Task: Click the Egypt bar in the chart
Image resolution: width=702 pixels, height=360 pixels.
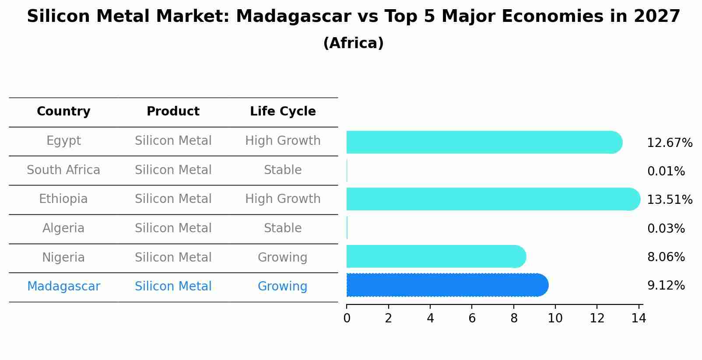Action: pyautogui.click(x=484, y=142)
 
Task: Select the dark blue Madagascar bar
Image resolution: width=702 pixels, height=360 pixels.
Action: pyautogui.click(x=446, y=285)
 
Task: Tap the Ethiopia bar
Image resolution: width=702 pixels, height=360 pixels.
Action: pyautogui.click(x=492, y=199)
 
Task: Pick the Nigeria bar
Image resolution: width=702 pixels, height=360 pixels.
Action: pyautogui.click(x=435, y=256)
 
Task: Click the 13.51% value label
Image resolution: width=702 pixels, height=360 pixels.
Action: pyautogui.click(x=670, y=200)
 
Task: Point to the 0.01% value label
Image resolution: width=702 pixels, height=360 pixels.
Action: pyautogui.click(x=666, y=171)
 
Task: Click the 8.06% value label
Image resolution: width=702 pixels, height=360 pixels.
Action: pyautogui.click(x=666, y=257)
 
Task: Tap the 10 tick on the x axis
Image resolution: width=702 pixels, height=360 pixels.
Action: pyautogui.click(x=555, y=318)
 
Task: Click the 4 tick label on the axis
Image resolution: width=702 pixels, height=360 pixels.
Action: pyautogui.click(x=430, y=318)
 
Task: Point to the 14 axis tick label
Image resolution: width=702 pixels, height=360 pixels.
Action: pyautogui.click(x=639, y=318)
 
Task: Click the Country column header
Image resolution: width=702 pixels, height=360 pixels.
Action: pyautogui.click(x=63, y=112)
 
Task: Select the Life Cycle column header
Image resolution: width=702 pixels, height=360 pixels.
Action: pyautogui.click(x=283, y=112)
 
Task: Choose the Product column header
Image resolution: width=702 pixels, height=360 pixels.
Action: pyautogui.click(x=173, y=112)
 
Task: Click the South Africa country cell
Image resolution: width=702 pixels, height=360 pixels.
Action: pyautogui.click(x=63, y=170)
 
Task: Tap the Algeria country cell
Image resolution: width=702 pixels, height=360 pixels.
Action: pyautogui.click(x=63, y=228)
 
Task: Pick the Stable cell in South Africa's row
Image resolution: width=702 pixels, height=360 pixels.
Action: pyautogui.click(x=283, y=170)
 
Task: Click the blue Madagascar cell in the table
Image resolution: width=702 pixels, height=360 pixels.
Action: pyautogui.click(x=63, y=287)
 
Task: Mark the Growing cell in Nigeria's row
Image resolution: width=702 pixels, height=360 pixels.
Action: pyautogui.click(x=283, y=258)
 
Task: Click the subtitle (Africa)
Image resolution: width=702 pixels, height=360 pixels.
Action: pyautogui.click(x=353, y=43)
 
